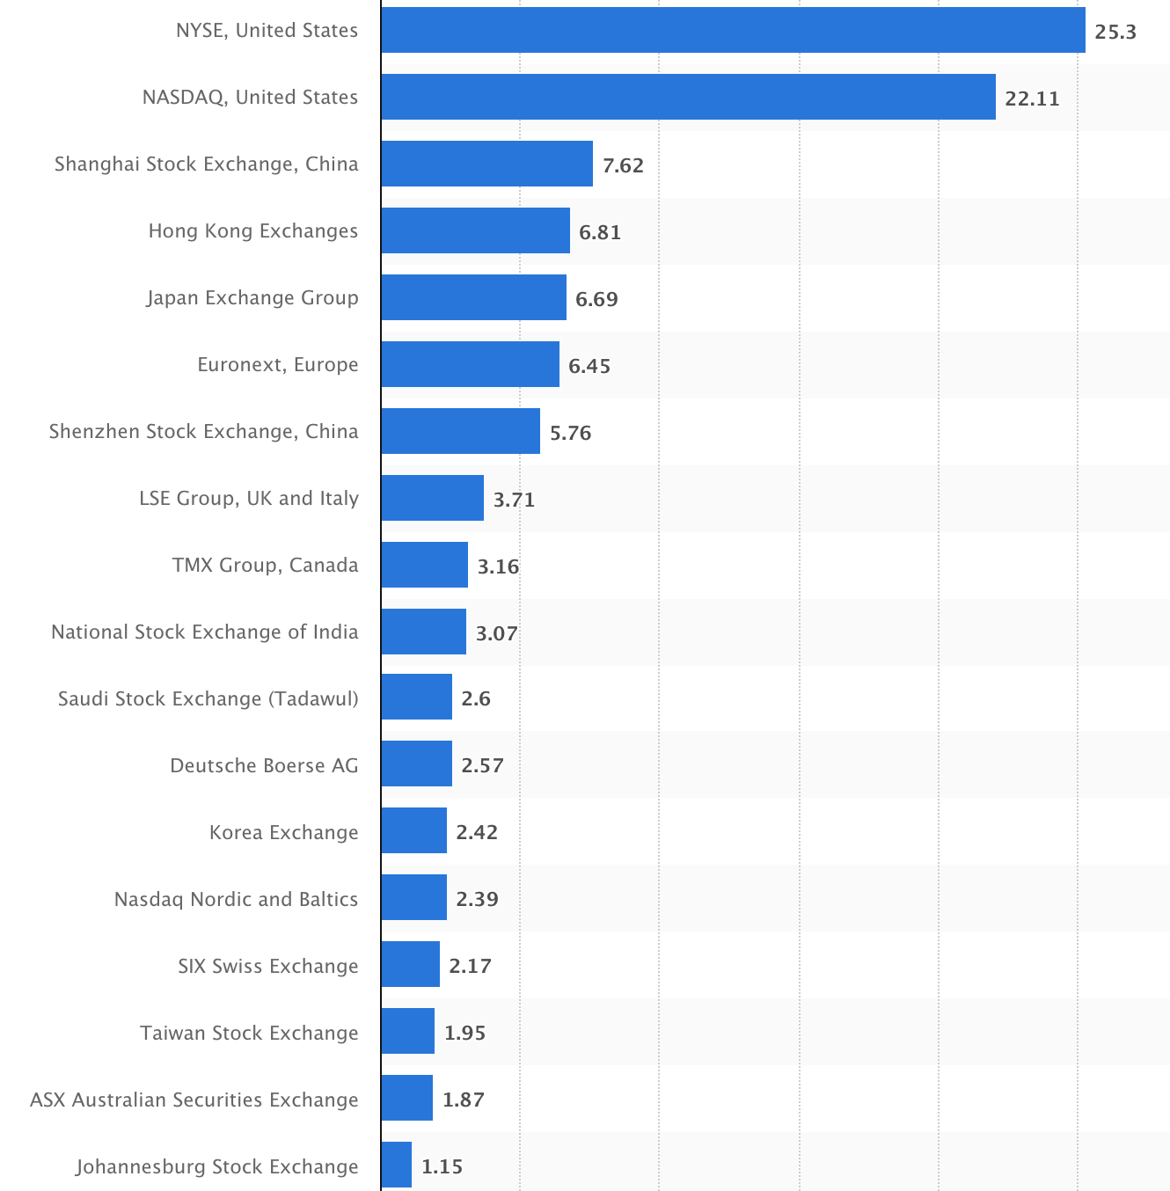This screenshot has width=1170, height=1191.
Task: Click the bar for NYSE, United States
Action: (x=733, y=31)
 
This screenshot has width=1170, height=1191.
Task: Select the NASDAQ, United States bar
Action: (x=688, y=97)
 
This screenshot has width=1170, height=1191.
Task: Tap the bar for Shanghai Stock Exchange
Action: (x=486, y=164)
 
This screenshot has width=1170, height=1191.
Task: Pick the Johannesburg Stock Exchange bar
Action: (x=397, y=1165)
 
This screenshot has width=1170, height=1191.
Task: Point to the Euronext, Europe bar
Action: (x=470, y=364)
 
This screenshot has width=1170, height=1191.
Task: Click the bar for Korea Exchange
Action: (x=413, y=830)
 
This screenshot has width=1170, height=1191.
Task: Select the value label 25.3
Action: (x=1115, y=33)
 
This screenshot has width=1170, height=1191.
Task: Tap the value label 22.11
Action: (x=1032, y=99)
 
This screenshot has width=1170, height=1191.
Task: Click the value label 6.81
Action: (x=600, y=232)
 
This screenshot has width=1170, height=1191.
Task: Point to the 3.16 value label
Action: (x=498, y=566)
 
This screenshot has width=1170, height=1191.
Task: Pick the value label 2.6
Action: (x=476, y=698)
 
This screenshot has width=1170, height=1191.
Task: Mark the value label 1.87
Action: (x=464, y=1100)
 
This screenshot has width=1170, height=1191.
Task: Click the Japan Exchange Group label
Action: (x=252, y=297)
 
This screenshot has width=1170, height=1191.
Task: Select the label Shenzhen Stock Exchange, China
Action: (x=204, y=431)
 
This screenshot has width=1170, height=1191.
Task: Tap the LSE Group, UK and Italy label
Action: (x=249, y=498)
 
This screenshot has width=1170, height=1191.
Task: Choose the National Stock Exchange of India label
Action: (x=205, y=632)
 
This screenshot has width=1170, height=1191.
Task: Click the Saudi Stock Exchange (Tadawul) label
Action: (x=208, y=698)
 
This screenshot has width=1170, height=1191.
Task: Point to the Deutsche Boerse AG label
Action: (x=264, y=765)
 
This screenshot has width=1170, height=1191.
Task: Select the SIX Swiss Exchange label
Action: (x=268, y=966)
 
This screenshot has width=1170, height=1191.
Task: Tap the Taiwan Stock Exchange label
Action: (x=249, y=1033)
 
